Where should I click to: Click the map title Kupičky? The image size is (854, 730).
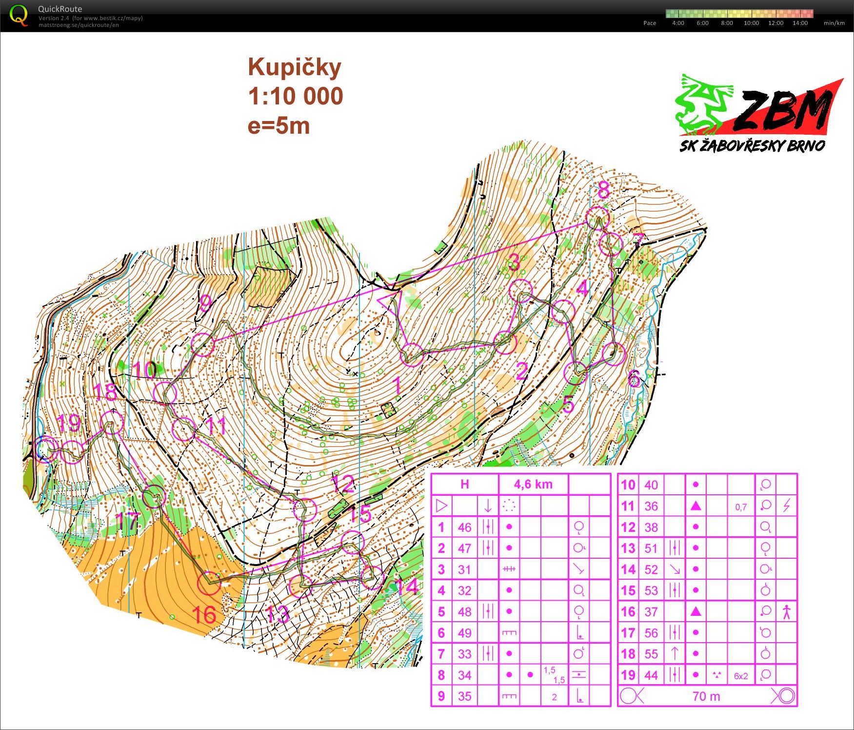coord(294,67)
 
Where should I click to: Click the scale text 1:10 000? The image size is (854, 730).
coord(296,96)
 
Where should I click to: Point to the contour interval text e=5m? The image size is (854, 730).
coord(278,126)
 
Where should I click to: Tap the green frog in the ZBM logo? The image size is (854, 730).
coord(702,105)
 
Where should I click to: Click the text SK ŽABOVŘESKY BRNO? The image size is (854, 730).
coord(752,145)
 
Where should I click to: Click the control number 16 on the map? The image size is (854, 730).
coord(204,615)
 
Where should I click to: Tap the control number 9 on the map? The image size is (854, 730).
coord(206,303)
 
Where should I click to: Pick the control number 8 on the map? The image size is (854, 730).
coord(603,190)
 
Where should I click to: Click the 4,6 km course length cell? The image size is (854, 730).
coord(533,484)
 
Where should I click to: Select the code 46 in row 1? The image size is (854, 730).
coord(464,527)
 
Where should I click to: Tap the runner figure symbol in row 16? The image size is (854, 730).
coord(786,611)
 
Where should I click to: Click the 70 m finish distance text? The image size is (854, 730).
coord(706,696)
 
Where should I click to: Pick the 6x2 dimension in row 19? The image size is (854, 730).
coord(740,676)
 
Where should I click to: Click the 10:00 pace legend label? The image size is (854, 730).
coord(751,23)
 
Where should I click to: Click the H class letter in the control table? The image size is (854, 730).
coord(464,484)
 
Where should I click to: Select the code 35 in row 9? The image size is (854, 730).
coord(464,696)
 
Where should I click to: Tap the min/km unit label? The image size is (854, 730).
coord(834,23)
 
